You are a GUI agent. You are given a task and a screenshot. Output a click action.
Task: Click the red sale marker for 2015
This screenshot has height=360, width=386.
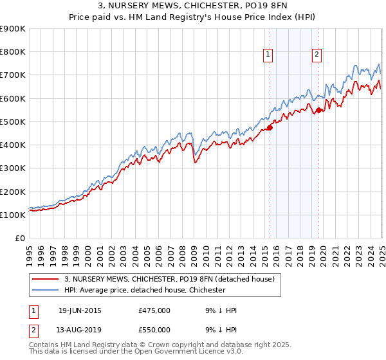click(270, 127)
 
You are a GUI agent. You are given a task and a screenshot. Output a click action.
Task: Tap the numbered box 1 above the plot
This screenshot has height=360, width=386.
click(268, 55)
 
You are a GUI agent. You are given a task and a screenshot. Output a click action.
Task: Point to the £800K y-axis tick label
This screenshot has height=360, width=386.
click(13, 52)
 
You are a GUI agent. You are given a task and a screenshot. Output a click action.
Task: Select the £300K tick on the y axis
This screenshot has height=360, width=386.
click(13, 168)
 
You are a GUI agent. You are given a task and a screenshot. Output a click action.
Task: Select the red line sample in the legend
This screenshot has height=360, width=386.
click(45, 279)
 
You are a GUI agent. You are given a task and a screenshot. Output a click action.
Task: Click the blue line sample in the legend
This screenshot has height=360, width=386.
click(45, 290)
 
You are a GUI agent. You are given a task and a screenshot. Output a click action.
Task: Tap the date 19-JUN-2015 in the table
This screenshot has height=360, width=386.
click(80, 310)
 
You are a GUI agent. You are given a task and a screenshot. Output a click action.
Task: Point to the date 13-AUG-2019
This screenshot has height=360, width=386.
click(80, 329)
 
